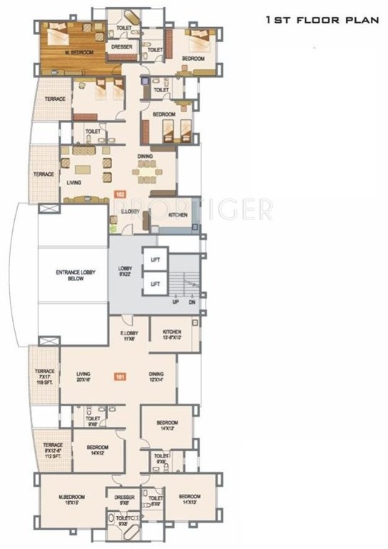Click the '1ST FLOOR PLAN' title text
pos(321,21)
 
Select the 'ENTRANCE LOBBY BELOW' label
pos(71,276)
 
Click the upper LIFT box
pos(155,259)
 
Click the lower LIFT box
pos(155,284)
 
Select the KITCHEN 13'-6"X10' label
pos(172,335)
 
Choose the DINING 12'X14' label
pos(156,376)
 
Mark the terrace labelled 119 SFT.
pos(44,377)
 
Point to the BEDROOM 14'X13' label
pos(189,499)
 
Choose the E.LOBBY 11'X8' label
pos(129,335)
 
